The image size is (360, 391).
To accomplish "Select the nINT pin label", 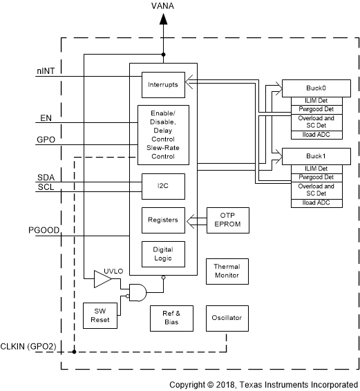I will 46,70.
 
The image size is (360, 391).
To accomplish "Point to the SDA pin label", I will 46,178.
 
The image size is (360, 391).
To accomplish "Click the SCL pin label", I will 46,187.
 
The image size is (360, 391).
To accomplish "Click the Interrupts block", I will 162,84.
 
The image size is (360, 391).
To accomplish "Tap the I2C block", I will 162,185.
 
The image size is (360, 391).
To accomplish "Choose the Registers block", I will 162,220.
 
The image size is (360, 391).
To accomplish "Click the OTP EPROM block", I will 227,220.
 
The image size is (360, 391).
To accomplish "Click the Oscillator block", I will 227,318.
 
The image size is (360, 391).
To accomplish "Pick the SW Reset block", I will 100,317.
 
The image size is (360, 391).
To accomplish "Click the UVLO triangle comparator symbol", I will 102,278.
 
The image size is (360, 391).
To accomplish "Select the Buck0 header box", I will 315,88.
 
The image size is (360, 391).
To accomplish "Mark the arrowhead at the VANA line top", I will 164,19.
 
